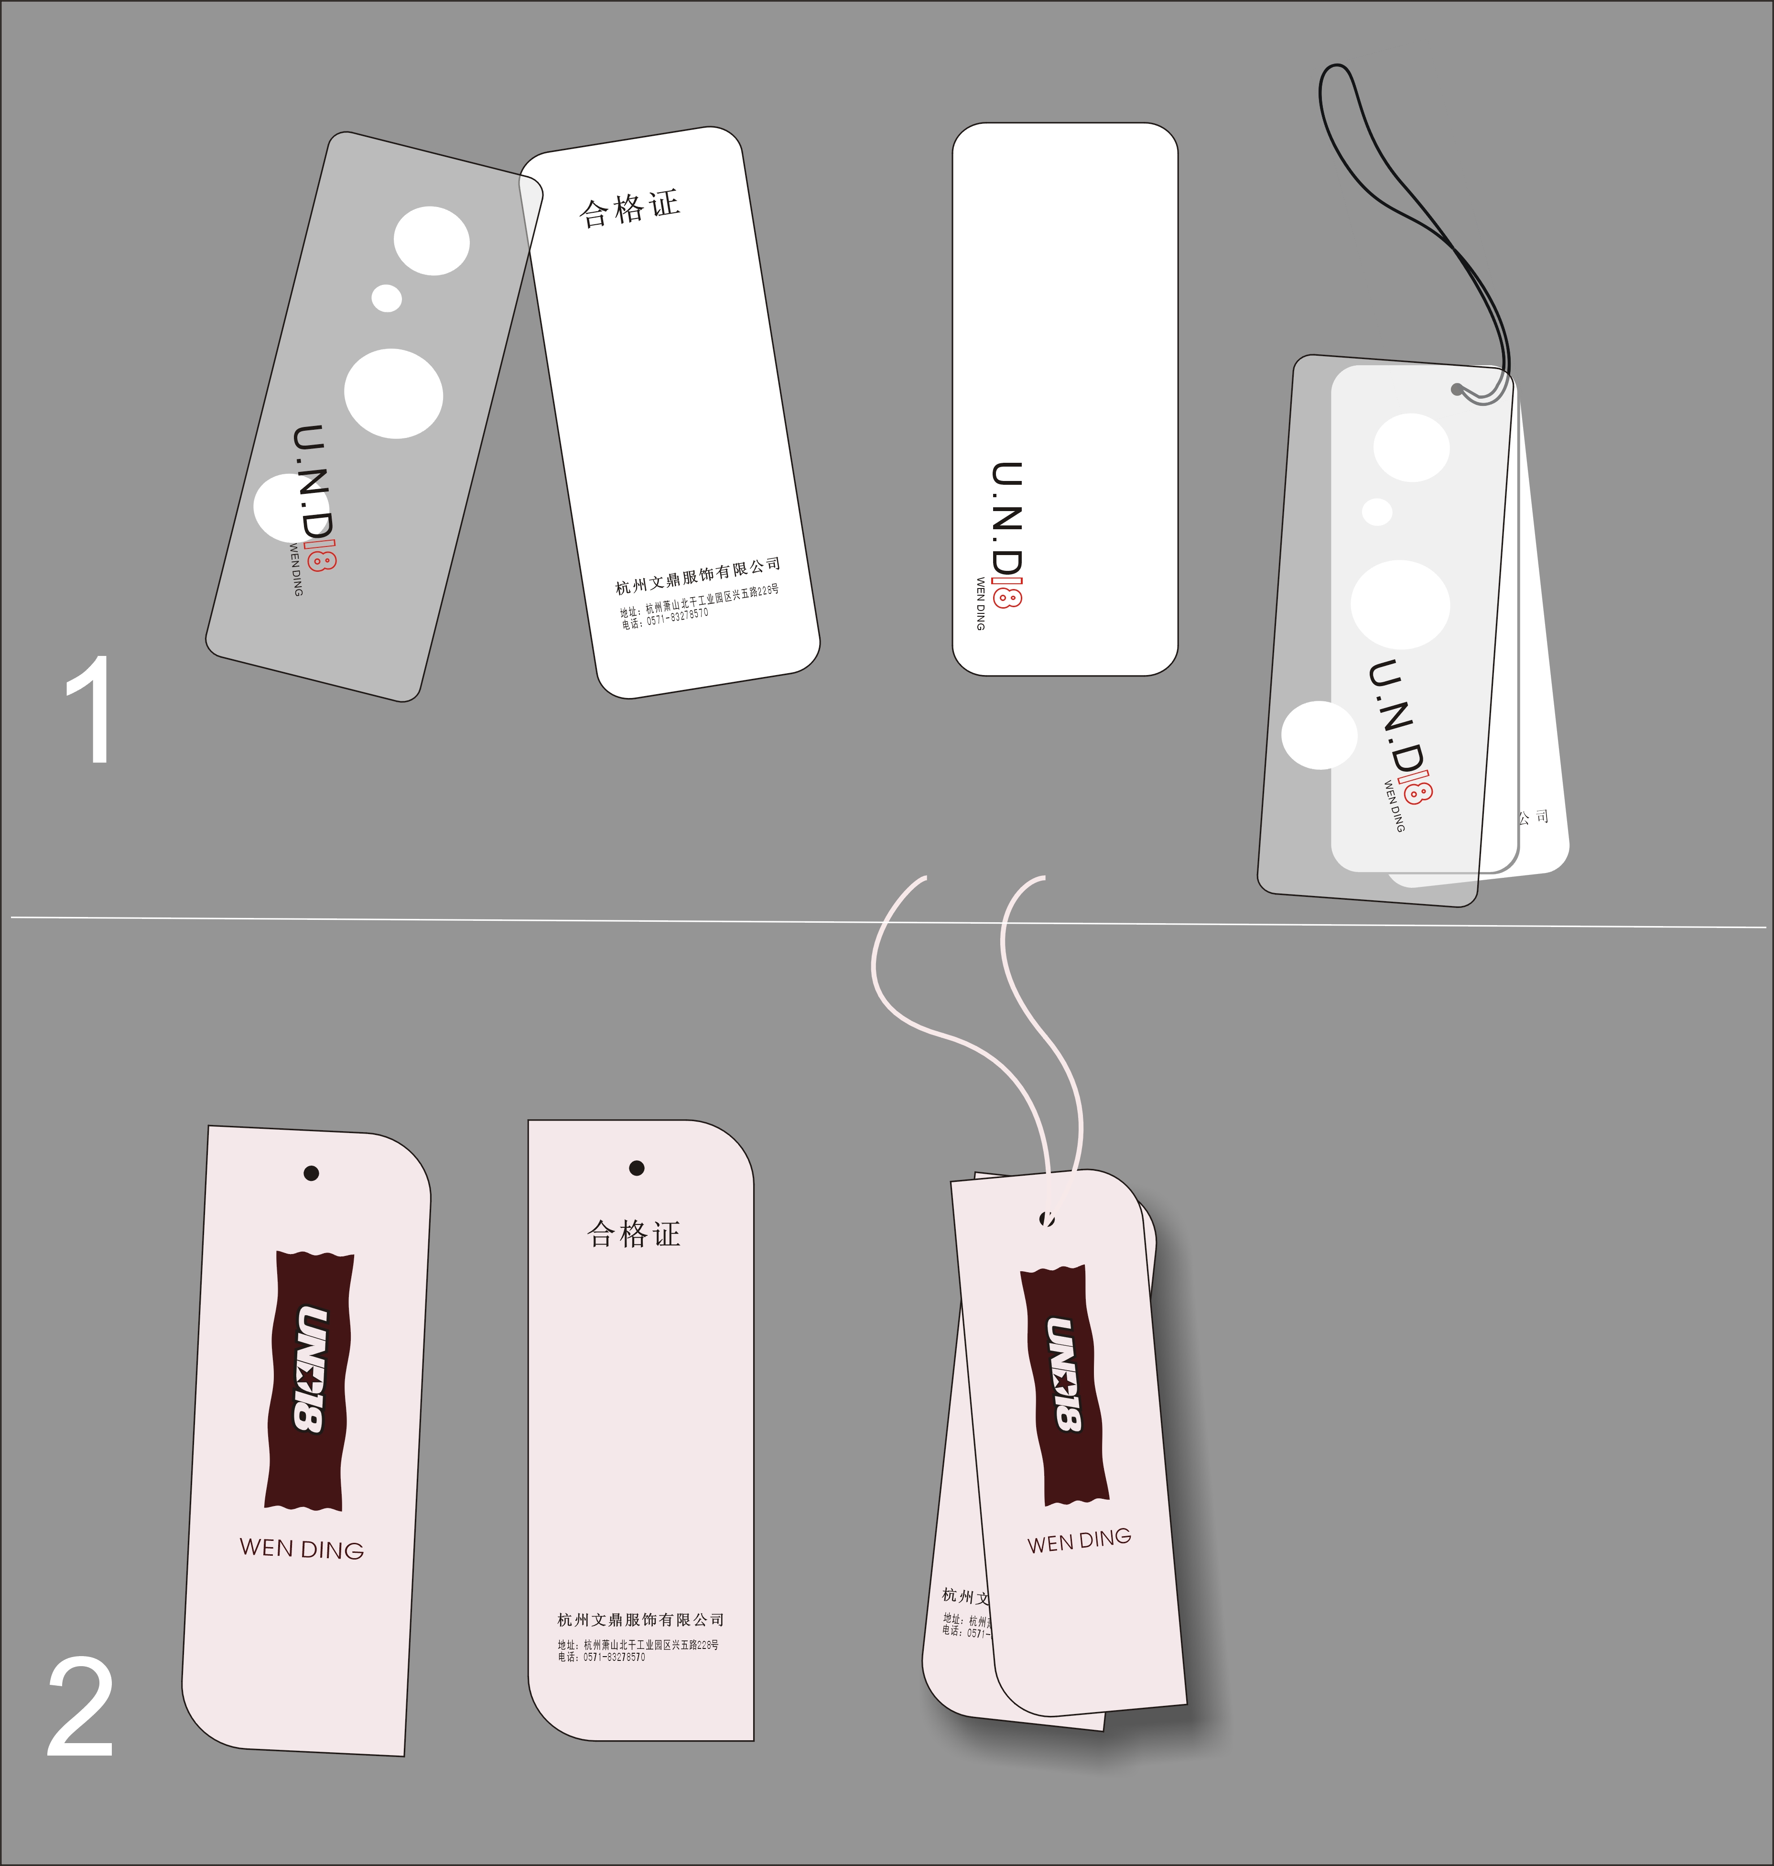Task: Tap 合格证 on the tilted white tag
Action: (x=629, y=208)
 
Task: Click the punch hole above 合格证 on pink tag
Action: (x=637, y=1168)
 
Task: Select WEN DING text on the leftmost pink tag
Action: (x=302, y=1548)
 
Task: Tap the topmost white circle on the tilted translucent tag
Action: (x=431, y=241)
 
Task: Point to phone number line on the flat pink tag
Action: (x=601, y=1657)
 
